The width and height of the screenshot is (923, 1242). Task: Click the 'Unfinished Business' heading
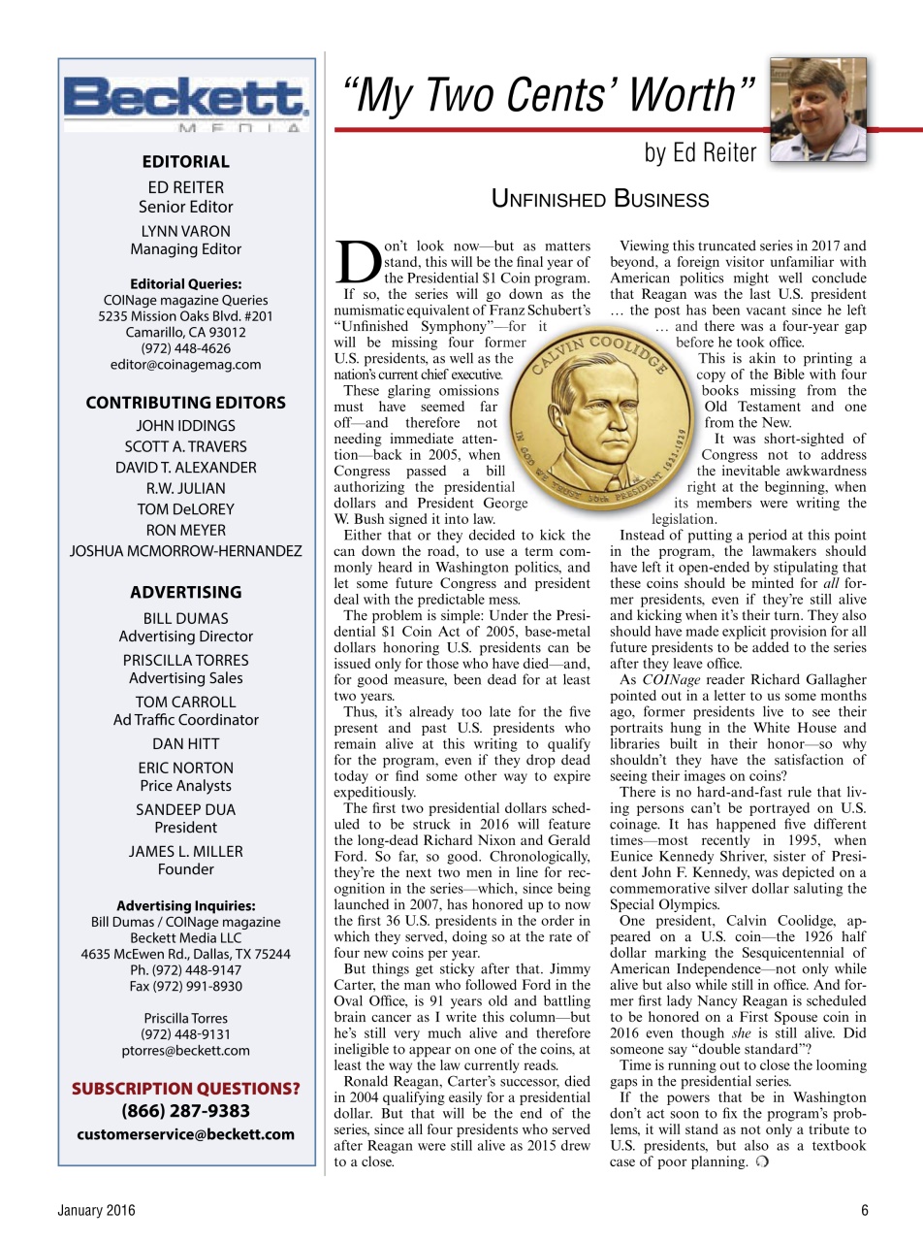click(x=600, y=200)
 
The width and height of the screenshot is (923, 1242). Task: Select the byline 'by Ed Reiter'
click(x=700, y=153)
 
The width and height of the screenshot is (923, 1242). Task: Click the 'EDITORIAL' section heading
click(x=185, y=162)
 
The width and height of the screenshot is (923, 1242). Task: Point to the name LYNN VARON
click(x=185, y=231)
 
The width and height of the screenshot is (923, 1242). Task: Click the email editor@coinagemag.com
click(x=185, y=365)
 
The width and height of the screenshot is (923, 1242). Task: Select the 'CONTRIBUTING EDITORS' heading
click(x=185, y=403)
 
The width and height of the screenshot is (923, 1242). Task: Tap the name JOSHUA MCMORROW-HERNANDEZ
click(x=185, y=551)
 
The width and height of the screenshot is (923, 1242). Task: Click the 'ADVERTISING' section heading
click(x=185, y=592)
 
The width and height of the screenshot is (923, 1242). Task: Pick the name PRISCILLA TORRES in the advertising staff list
click(x=185, y=660)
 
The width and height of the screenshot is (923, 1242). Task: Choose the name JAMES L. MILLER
click(x=185, y=851)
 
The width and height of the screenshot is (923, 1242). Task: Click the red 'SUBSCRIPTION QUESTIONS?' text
click(x=185, y=1089)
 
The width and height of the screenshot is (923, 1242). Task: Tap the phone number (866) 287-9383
click(x=185, y=1111)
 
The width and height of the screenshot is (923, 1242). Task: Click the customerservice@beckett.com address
click(x=185, y=1134)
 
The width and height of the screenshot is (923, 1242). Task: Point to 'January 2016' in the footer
click(x=95, y=1210)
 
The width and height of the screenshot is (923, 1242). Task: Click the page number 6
click(x=864, y=1210)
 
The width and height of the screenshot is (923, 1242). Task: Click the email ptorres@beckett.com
click(x=185, y=1050)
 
